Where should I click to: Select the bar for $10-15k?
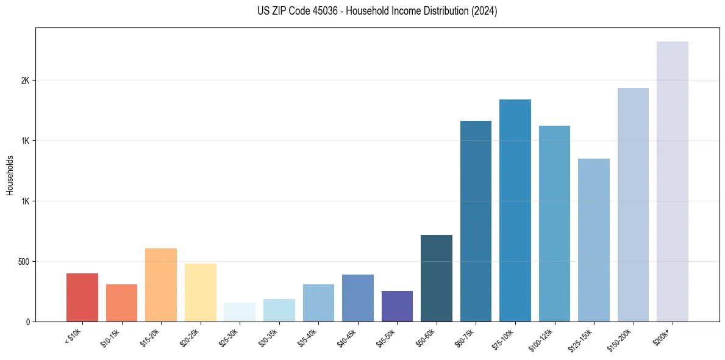[121, 303]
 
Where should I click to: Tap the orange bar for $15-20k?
[161, 285]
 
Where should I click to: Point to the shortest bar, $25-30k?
[240, 312]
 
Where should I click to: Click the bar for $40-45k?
[358, 298]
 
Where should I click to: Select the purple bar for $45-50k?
[397, 306]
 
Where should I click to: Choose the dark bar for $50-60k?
[437, 278]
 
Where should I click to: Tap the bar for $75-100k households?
[515, 211]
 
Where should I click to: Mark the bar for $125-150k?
[594, 240]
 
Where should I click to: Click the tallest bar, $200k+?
[673, 181]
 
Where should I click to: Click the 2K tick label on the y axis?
[25, 81]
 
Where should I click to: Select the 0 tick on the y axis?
[27, 322]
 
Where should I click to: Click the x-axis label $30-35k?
[268, 336]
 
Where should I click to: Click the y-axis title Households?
[10, 175]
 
